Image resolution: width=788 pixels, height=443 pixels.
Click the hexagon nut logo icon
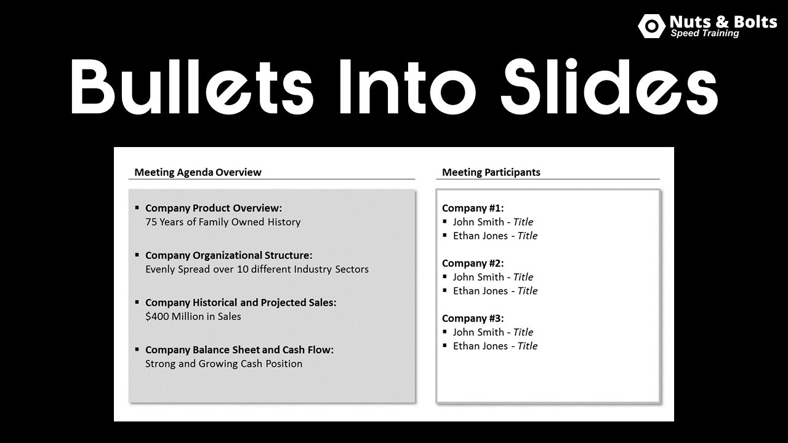651,26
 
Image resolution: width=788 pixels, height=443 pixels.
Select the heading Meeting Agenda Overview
198,172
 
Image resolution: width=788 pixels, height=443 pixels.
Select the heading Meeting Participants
491,172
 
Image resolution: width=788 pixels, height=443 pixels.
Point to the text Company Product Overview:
213,208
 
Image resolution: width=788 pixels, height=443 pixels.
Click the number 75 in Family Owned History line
151,222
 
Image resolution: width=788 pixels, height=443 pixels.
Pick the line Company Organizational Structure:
228,255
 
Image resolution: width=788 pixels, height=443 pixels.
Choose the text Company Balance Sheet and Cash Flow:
239,350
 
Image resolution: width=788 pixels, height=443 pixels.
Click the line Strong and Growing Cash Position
223,364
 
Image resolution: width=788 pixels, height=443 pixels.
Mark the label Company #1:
473,208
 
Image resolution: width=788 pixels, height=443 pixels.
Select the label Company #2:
473,263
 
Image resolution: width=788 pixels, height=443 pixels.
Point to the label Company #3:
473,318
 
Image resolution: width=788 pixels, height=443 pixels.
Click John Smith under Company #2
478,277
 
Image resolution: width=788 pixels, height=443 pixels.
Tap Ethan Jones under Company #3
480,346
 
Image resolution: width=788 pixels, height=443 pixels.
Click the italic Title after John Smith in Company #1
523,222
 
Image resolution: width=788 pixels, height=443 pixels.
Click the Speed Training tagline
704,34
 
